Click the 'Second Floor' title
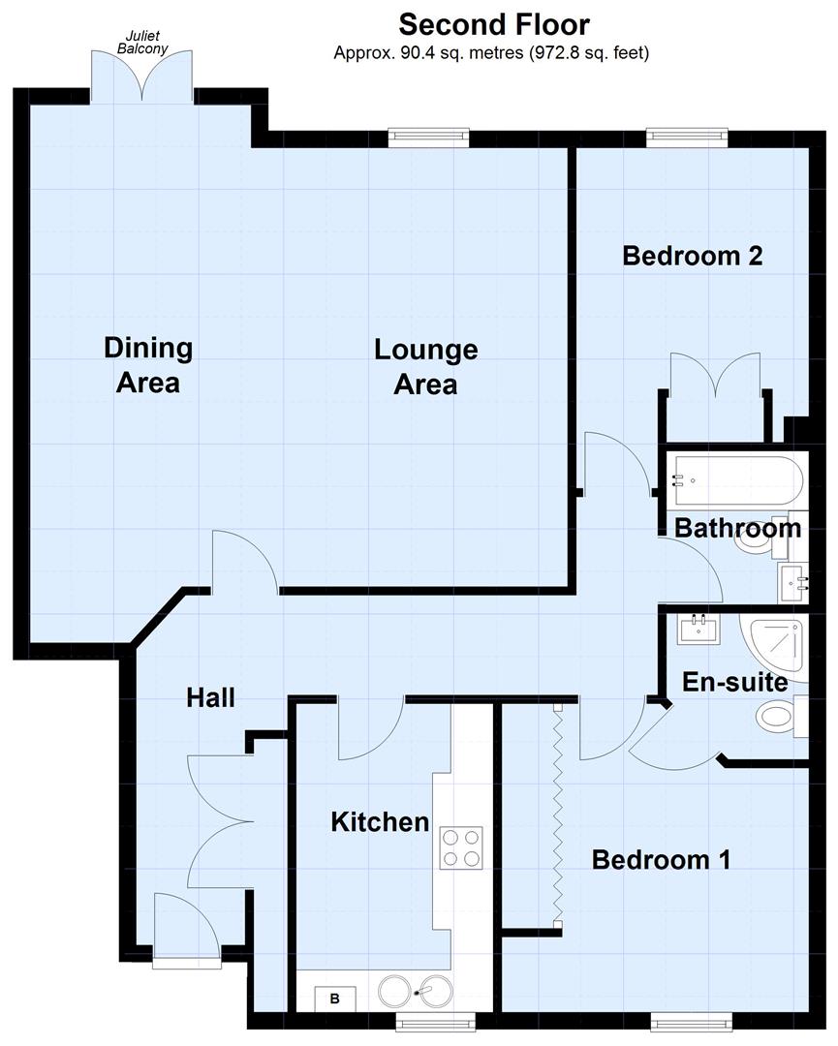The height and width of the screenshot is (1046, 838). point(493,23)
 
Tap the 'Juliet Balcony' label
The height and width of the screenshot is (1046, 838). point(138,40)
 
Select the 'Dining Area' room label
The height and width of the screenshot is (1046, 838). point(148,364)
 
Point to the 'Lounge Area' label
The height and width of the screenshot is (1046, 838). point(425,366)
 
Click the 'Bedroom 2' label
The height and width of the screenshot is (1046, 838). point(692,256)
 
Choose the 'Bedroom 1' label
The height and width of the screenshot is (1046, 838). point(661,859)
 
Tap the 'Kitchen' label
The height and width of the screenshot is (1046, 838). point(380,822)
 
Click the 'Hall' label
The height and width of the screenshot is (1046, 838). point(210,696)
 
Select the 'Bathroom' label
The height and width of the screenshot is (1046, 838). point(737,528)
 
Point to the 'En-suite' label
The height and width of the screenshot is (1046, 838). point(734,682)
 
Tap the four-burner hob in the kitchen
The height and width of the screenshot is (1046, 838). point(462,847)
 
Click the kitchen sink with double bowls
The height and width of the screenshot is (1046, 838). point(416,993)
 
